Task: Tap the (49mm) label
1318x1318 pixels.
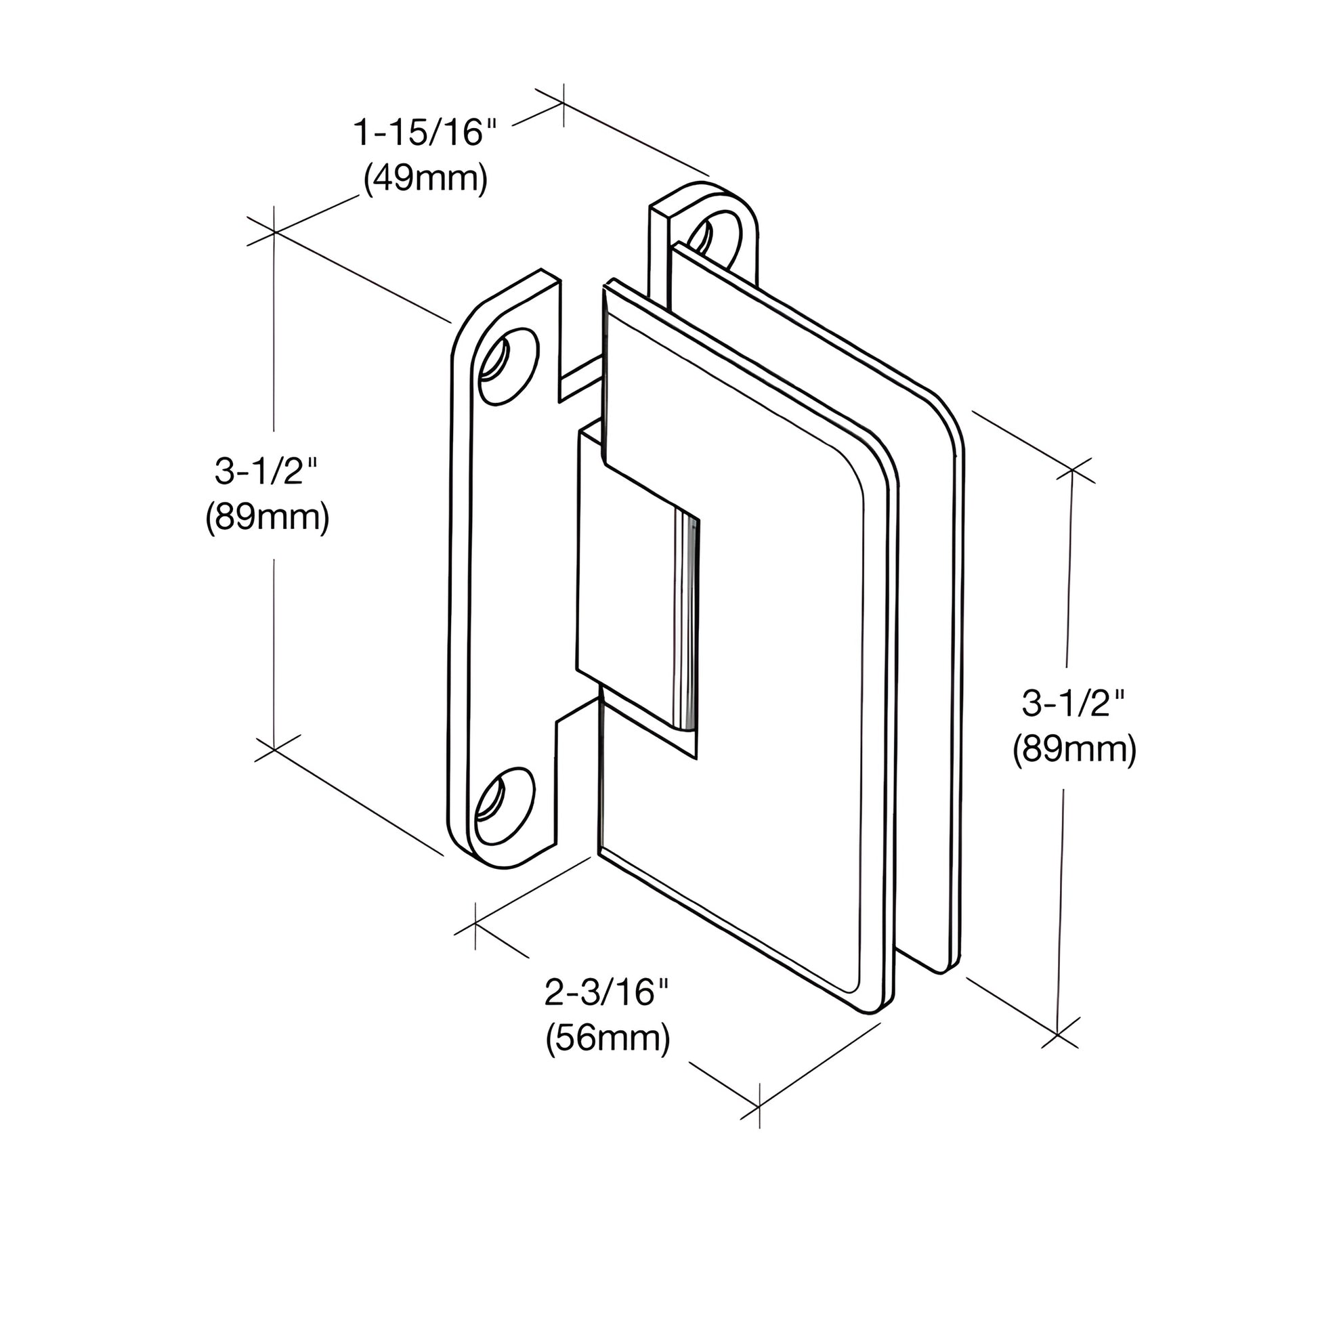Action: [426, 179]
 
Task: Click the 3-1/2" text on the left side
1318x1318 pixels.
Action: [267, 471]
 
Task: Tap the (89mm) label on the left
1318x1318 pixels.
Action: [267, 519]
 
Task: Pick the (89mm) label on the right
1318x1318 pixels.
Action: [1073, 750]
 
